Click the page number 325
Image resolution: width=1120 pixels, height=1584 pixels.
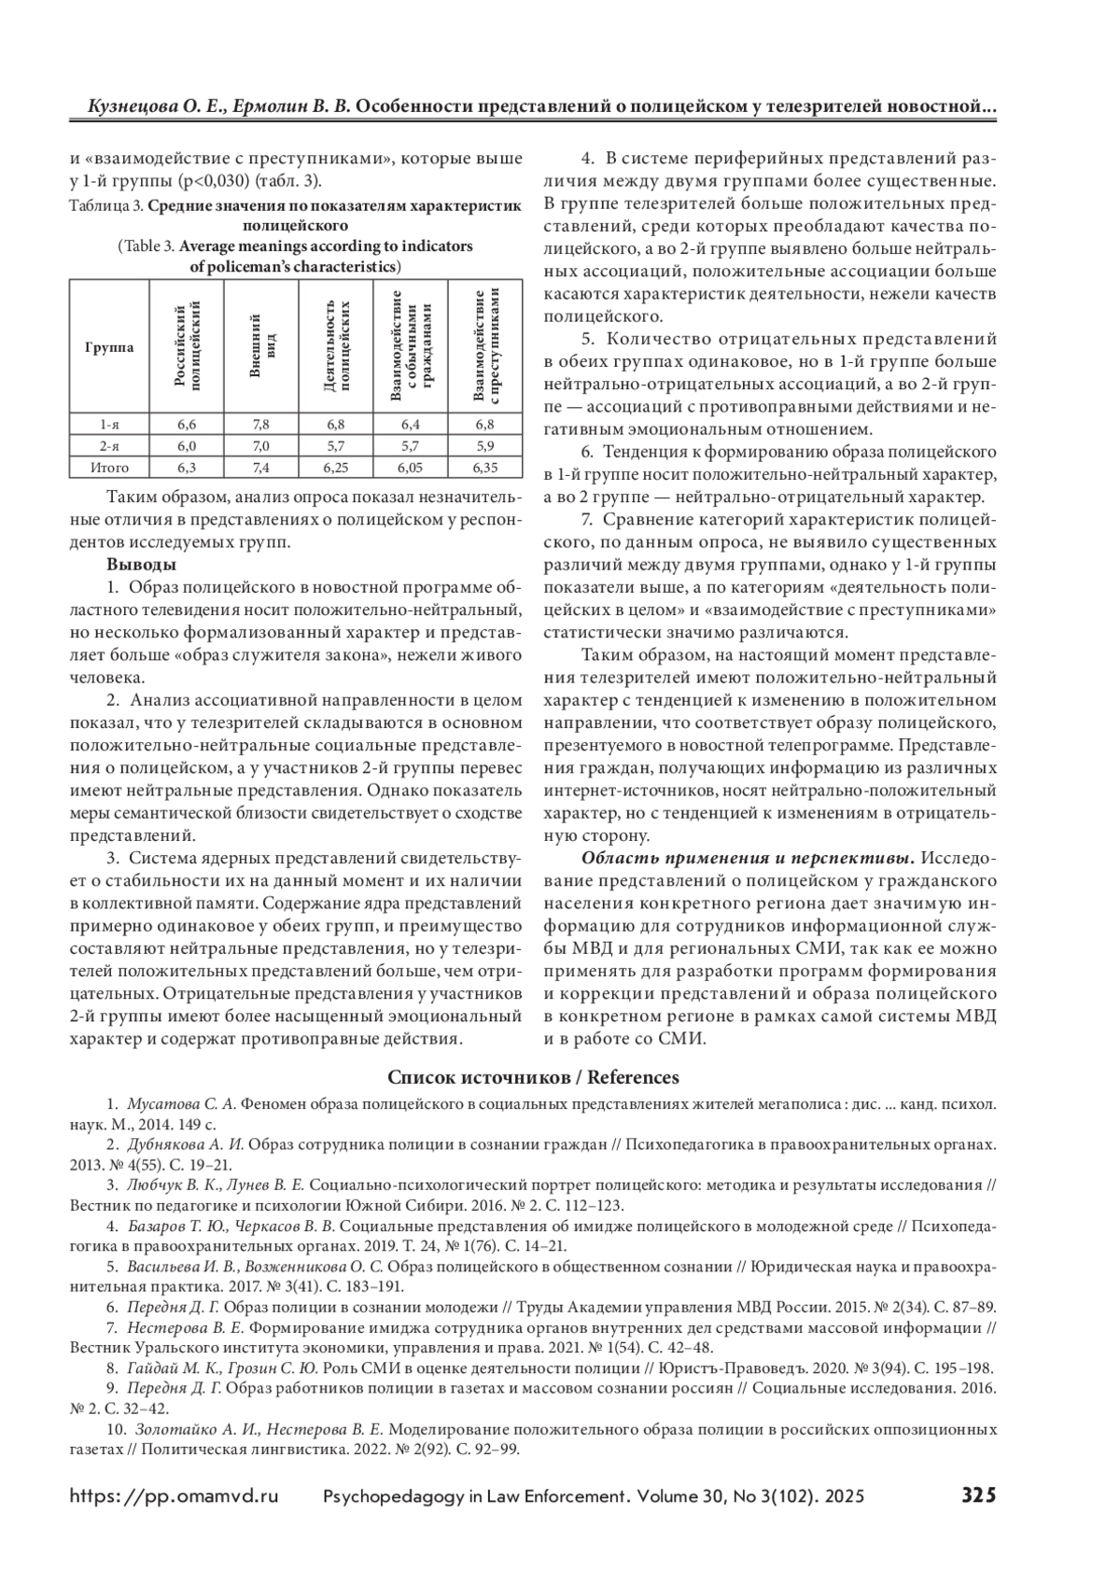pos(979,1494)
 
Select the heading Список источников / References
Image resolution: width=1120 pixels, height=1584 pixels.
pos(533,1077)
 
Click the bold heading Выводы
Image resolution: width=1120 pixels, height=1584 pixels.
pos(141,565)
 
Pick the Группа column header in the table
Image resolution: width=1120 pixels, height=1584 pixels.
pos(109,347)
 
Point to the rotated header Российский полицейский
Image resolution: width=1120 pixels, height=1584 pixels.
pos(188,347)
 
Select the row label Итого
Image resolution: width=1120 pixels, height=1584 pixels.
pos(109,468)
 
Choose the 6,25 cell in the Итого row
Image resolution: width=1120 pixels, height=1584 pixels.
pos(336,468)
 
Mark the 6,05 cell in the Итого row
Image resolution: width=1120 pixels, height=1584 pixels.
pos(411,468)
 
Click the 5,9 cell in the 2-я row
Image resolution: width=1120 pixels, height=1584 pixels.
pos(484,446)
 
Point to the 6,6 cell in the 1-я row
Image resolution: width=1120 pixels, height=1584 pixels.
pos(188,424)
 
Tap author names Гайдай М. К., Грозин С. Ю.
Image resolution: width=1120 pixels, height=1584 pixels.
pos(222,1367)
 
